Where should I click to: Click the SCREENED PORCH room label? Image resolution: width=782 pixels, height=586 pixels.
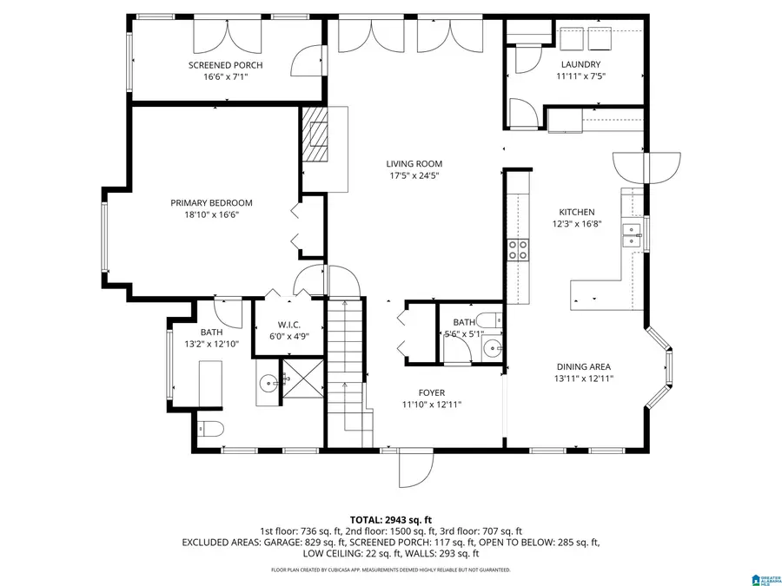226,65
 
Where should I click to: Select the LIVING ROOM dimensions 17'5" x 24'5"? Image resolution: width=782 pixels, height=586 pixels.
414,175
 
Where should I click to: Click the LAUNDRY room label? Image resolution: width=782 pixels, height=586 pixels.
581,64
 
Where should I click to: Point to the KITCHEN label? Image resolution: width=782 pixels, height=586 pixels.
576,212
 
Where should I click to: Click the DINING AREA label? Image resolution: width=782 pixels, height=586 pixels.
582,366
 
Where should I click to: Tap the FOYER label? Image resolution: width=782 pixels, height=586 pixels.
431,393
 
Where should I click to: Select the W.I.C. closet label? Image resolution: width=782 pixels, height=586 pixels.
289,325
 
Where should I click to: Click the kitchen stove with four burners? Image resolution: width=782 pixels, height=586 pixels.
518,250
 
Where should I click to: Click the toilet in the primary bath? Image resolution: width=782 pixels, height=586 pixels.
210,428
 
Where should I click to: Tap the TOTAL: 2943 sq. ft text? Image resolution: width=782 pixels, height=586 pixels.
390,518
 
